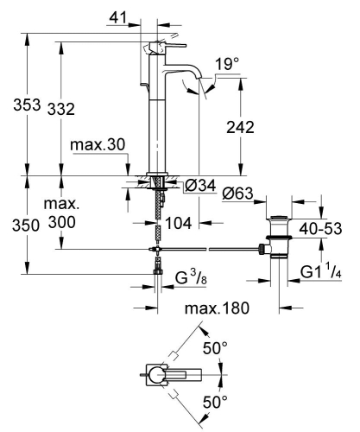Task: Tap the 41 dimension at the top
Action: [x=127, y=16]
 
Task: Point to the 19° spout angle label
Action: [x=226, y=65]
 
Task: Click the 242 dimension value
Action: [x=239, y=127]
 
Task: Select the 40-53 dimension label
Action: [x=319, y=230]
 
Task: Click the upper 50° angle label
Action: [x=213, y=348]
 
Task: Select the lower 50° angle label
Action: [x=213, y=402]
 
